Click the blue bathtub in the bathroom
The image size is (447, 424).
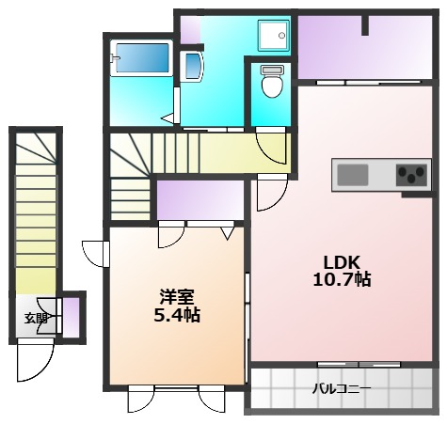click(x=141, y=62)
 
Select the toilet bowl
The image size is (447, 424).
click(x=271, y=84)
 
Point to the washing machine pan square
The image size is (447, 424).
click(x=275, y=36)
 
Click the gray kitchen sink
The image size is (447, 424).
click(x=353, y=175)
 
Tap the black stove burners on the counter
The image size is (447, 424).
click(x=411, y=175)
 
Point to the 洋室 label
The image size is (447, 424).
click(x=176, y=296)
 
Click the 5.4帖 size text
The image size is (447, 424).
click(x=176, y=315)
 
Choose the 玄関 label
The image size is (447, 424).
click(x=36, y=318)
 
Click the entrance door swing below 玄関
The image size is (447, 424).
click(x=36, y=362)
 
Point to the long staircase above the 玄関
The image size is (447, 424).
click(x=35, y=216)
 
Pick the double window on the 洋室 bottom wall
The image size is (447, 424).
click(x=176, y=387)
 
